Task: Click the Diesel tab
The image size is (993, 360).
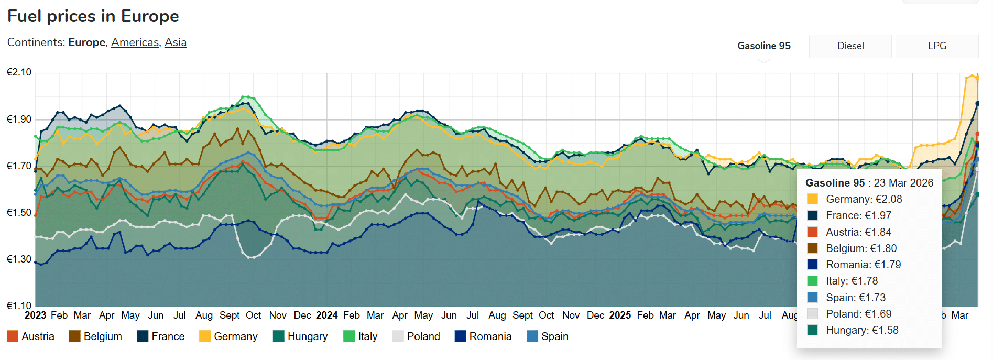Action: click(850, 46)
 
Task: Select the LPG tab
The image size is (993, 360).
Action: click(936, 46)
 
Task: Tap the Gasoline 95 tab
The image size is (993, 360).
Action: click(763, 46)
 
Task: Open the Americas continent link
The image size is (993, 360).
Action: click(135, 42)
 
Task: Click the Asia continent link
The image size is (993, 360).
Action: click(176, 42)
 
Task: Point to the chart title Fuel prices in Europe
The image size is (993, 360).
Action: click(93, 16)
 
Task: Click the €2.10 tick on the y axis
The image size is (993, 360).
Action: click(19, 72)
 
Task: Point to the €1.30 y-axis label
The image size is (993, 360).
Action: click(19, 259)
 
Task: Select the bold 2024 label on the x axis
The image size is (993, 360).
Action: click(326, 315)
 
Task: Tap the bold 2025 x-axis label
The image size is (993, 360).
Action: click(620, 315)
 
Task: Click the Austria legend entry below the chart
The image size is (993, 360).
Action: click(31, 336)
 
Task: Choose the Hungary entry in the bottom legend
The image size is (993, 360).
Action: click(300, 336)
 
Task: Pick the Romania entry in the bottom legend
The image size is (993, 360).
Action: click(483, 336)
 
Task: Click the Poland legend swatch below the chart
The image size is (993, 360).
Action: click(398, 336)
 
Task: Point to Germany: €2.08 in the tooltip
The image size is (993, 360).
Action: click(864, 199)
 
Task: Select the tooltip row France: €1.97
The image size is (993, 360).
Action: click(858, 215)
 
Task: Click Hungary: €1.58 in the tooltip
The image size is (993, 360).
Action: click(862, 330)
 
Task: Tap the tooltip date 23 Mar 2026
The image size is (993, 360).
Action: click(903, 183)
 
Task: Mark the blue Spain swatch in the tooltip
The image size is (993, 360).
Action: click(812, 298)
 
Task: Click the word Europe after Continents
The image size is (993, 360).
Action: click(86, 42)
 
